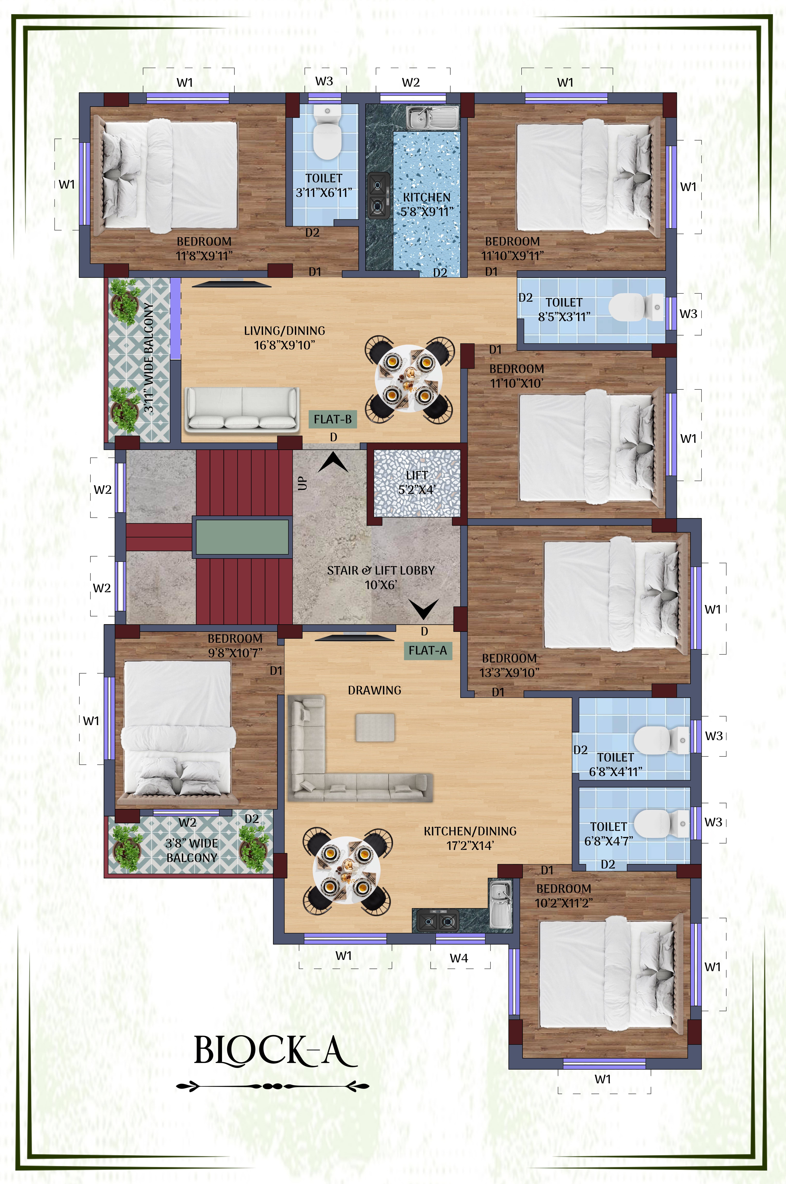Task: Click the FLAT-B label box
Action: (x=333, y=419)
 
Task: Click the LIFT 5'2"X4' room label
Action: (x=417, y=482)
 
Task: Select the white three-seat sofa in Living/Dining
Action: (x=242, y=409)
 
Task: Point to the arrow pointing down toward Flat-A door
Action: (x=424, y=609)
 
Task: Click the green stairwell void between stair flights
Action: (x=242, y=537)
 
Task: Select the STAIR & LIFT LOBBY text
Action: (x=381, y=577)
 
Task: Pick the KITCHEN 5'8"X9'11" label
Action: (x=427, y=204)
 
